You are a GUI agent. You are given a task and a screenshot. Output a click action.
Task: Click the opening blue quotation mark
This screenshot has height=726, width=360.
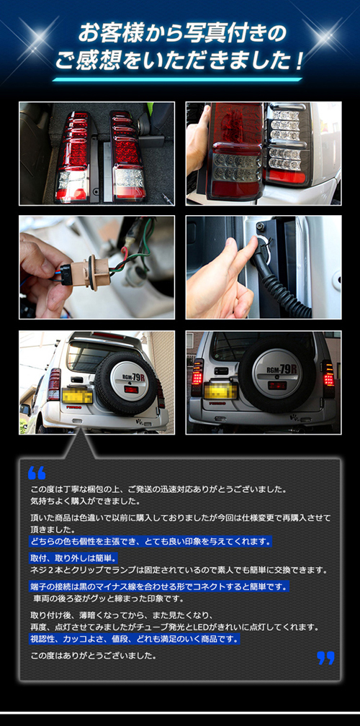click(37, 473)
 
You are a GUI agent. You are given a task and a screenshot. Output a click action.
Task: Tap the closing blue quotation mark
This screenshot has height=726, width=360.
click(325, 658)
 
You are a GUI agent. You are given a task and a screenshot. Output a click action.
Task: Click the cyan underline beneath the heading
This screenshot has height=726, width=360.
click(176, 80)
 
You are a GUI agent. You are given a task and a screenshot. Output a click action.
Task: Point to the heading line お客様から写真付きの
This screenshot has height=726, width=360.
click(182, 34)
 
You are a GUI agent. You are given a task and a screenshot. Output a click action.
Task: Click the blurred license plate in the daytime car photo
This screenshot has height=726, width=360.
click(77, 395)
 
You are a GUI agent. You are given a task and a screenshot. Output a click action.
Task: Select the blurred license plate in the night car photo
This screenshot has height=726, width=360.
click(220, 390)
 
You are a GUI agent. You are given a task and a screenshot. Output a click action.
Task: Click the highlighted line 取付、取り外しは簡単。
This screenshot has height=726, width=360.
click(74, 557)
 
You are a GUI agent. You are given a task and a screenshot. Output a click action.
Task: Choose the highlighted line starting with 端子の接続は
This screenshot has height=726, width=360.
click(159, 586)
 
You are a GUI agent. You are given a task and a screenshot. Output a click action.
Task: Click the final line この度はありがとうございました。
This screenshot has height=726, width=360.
click(94, 655)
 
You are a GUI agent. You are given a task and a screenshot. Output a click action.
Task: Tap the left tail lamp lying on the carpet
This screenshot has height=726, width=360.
click(73, 157)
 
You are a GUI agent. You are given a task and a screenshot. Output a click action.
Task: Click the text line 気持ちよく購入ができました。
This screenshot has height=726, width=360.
click(86, 501)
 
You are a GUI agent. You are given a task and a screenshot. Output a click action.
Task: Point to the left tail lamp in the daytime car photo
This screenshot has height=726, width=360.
click(54, 384)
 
